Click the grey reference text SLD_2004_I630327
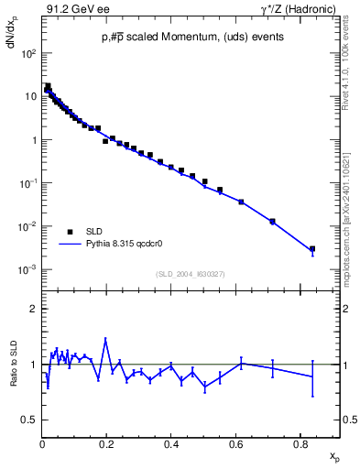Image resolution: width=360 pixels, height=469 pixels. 191,274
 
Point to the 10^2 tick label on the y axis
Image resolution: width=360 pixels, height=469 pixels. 27,54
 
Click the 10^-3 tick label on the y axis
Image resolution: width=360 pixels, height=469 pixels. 27,270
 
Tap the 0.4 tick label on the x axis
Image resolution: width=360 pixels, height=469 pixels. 171,444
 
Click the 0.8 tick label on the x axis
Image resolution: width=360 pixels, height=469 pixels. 300,444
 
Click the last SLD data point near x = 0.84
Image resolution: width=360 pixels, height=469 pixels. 312,248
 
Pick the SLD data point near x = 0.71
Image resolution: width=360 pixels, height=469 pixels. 272,221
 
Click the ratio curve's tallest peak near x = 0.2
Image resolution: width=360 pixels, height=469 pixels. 106,339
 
